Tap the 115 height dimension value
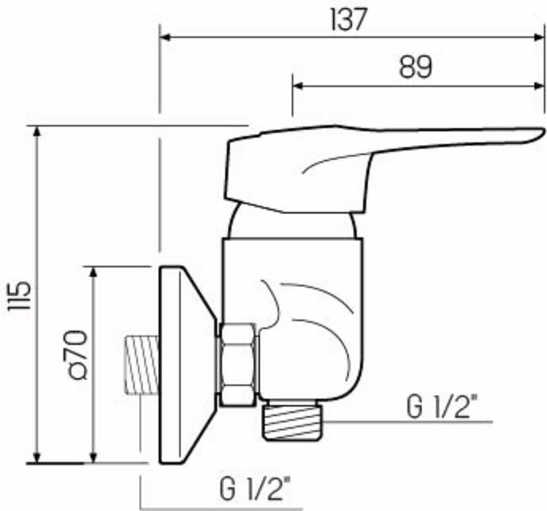pos(20,295)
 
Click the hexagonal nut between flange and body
pos(237,364)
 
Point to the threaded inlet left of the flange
pos(141,365)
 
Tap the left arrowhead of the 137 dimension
pos(165,38)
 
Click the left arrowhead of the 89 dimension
pos(298,86)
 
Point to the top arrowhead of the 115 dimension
pos(38,132)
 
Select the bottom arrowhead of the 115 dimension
pos(38,457)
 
